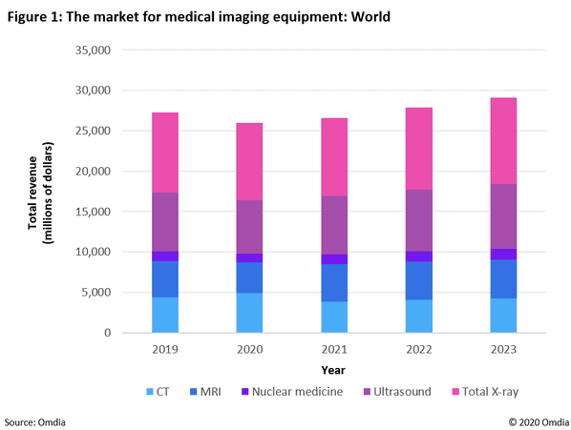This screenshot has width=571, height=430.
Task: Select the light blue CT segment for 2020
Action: (243, 313)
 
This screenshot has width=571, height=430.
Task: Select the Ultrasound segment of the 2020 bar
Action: (243, 227)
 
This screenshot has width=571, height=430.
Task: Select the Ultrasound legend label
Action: (396, 391)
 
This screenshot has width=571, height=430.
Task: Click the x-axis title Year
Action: (333, 369)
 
